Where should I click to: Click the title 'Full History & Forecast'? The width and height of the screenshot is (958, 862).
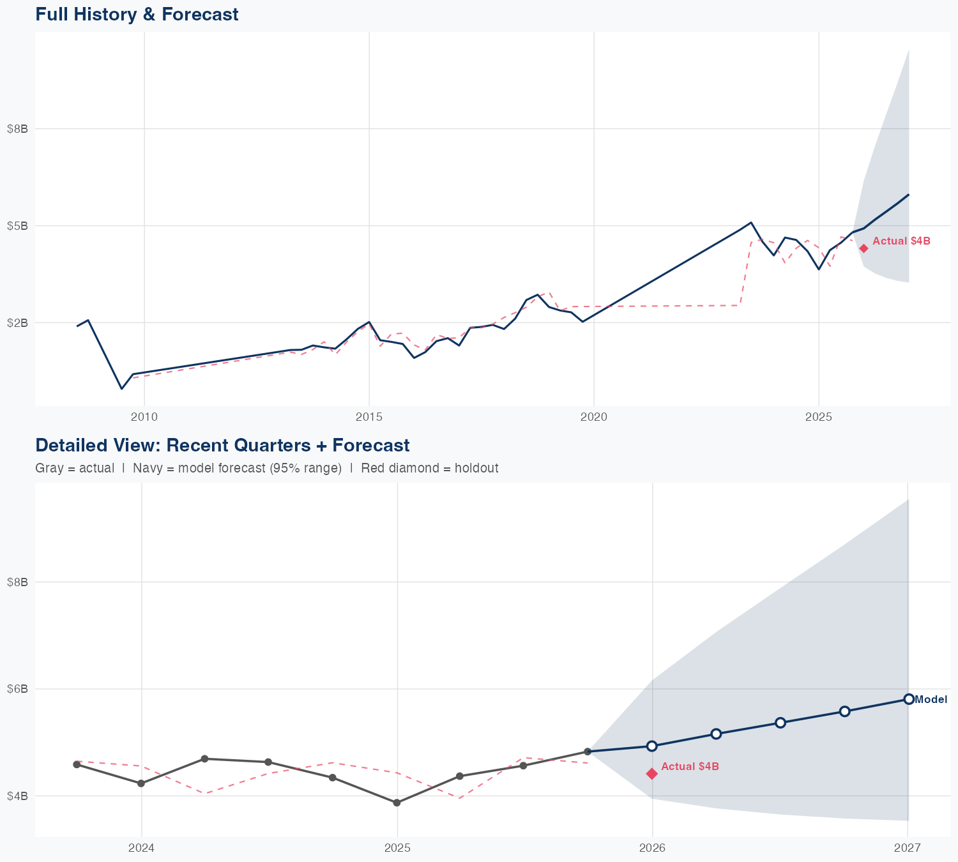[x=137, y=14]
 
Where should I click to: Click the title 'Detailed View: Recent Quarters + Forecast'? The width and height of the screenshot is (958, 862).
[x=222, y=445]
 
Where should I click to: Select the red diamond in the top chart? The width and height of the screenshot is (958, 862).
[x=863, y=248]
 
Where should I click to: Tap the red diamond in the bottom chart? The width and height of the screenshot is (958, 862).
[x=651, y=774]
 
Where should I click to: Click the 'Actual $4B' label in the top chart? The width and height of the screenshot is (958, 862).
[x=901, y=241]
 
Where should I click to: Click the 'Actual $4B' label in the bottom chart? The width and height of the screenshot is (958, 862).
[x=690, y=766]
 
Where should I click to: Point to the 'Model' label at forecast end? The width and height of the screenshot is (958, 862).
[x=931, y=700]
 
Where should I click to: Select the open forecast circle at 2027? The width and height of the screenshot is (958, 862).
[x=908, y=699]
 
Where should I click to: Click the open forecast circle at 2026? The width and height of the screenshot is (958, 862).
[x=651, y=746]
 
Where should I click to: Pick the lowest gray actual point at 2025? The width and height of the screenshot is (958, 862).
[x=397, y=803]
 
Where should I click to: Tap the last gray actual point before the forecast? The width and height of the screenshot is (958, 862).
[x=588, y=752]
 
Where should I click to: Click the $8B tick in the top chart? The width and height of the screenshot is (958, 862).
[x=17, y=128]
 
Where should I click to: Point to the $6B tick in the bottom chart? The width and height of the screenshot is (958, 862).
[x=17, y=689]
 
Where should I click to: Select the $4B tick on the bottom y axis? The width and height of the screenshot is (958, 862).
[x=17, y=796]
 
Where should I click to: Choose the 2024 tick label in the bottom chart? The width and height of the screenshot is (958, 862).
[x=141, y=849]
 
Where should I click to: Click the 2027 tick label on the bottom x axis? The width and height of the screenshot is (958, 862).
[x=908, y=849]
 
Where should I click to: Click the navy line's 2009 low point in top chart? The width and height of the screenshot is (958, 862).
[x=121, y=388]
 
